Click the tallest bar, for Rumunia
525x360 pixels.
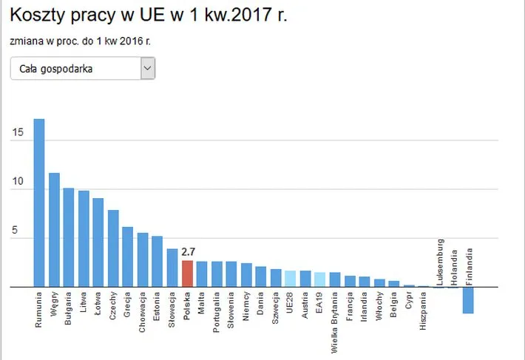point(39,203)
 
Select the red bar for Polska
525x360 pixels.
point(187,274)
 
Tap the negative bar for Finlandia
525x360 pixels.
point(468,299)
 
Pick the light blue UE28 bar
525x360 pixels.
point(291,279)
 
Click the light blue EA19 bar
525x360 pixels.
point(320,279)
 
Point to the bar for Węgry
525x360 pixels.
point(54,229)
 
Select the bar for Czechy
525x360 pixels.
point(113,248)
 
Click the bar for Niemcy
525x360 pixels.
point(246,275)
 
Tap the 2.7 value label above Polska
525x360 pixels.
point(188,252)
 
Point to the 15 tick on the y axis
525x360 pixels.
point(18,133)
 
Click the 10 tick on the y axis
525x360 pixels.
point(18,182)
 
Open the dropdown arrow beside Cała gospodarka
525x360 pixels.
point(148,69)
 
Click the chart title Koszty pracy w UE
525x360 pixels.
point(148,16)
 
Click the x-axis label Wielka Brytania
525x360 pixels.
point(335,319)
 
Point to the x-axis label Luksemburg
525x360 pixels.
point(439,262)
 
